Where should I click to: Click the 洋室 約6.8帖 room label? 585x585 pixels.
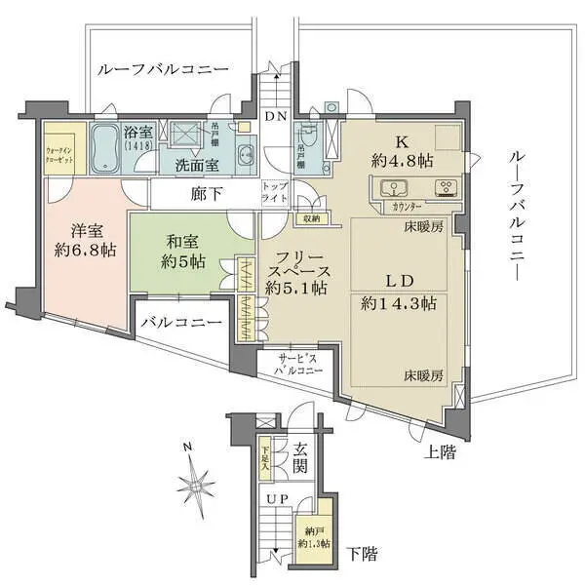pos(80,241)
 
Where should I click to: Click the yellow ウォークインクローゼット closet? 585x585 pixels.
pos(63,150)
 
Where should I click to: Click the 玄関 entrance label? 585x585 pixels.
pos(299,457)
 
